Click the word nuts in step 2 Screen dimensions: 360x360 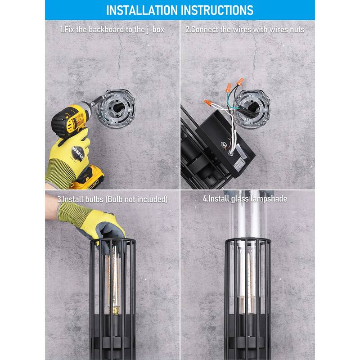click(x=295, y=29)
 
